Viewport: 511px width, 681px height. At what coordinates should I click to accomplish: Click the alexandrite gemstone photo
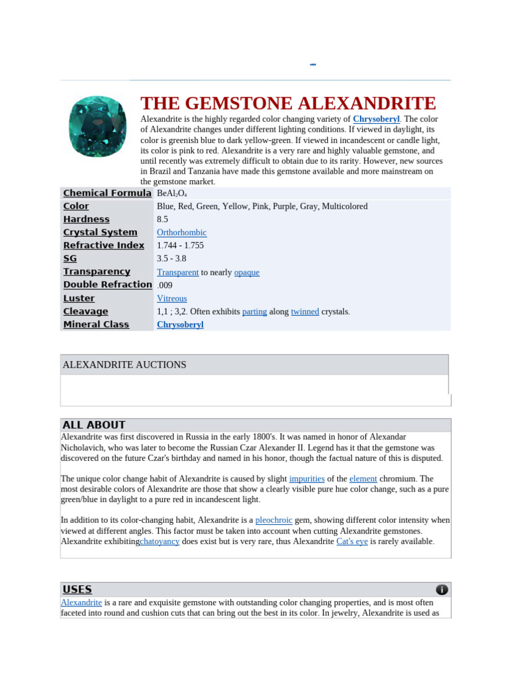[97, 126]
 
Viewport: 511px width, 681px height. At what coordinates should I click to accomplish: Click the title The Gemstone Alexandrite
[288, 104]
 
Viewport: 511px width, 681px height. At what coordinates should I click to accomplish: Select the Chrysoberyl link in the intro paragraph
[377, 119]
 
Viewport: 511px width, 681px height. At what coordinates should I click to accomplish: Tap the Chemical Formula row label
[107, 193]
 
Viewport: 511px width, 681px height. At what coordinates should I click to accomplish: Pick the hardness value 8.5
[162, 219]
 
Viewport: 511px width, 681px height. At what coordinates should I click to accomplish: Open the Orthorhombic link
[182, 233]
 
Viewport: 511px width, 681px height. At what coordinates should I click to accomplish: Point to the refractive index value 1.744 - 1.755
[180, 245]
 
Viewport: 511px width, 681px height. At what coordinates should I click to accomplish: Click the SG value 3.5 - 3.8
[171, 259]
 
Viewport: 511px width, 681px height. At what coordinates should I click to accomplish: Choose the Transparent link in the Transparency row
[178, 272]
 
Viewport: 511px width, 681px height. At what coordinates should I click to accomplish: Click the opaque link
[247, 272]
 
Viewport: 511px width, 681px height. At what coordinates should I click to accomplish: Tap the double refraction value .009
[164, 285]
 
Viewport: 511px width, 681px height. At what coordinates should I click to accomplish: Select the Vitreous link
[172, 299]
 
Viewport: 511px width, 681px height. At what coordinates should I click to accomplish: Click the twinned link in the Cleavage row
[305, 311]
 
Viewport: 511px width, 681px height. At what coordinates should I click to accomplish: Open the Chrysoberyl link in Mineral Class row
[180, 325]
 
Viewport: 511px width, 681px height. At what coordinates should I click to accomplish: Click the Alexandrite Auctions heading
[124, 364]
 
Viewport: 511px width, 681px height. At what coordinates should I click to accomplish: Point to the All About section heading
[94, 425]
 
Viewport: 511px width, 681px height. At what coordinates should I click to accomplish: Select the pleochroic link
[274, 520]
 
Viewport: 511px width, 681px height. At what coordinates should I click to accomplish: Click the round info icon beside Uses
[442, 590]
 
